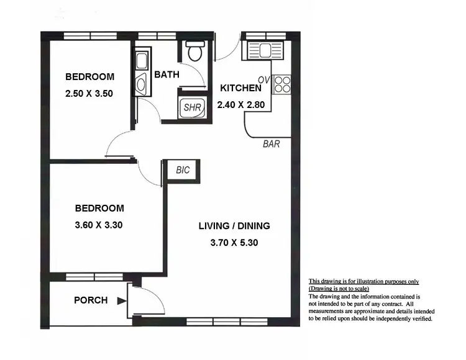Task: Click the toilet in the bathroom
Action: tap(194, 52)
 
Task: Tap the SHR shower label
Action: tap(191, 107)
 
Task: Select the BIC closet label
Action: tap(183, 169)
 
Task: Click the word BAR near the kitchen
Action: tap(272, 145)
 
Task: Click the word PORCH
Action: tap(91, 300)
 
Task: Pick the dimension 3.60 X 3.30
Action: tap(99, 225)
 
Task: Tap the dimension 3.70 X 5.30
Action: tap(234, 243)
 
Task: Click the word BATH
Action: tap(167, 74)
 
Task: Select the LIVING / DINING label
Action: tap(234, 225)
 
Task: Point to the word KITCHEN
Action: tap(241, 88)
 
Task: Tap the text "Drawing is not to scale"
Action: tap(339, 289)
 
